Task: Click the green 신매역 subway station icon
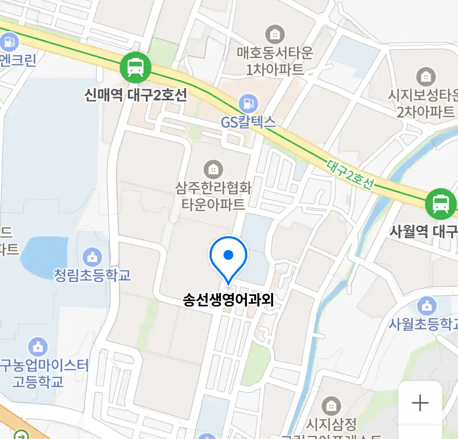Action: click(136, 67)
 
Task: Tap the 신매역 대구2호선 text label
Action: click(136, 95)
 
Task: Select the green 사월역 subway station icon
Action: click(440, 204)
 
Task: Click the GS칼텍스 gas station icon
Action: click(248, 104)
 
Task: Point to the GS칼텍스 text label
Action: click(248, 122)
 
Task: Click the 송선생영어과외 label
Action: click(228, 300)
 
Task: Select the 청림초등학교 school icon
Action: click(92, 257)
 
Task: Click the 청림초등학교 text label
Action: click(92, 275)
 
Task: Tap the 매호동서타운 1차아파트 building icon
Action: click(275, 35)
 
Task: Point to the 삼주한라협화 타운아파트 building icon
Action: click(213, 169)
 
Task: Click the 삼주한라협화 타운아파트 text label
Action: click(213, 196)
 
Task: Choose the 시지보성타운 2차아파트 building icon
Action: click(426, 76)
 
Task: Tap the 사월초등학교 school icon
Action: click(427, 306)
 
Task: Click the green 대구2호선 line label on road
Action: click(350, 175)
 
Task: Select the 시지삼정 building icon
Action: click(331, 406)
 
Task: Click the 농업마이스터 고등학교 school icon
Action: click(38, 347)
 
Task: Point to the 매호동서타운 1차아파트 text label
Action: click(275, 61)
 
